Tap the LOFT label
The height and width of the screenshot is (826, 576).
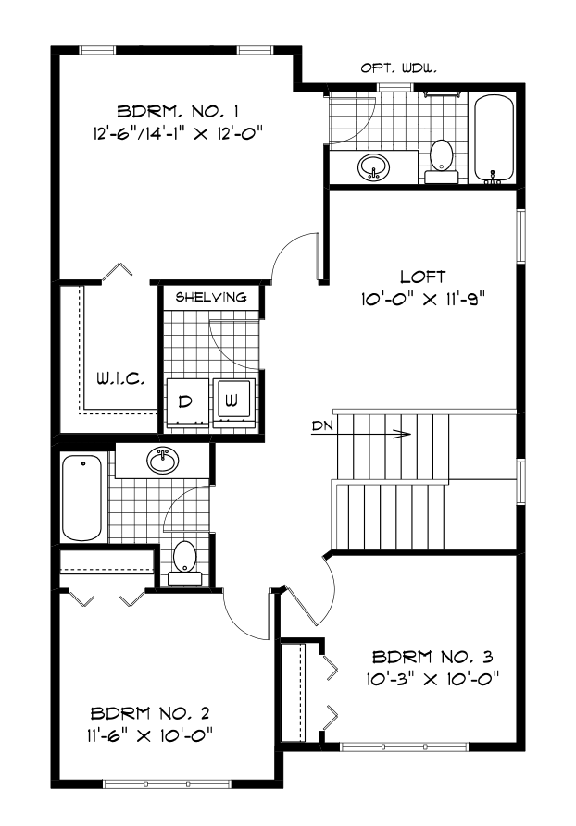click(423, 277)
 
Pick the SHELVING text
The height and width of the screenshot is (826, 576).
click(210, 297)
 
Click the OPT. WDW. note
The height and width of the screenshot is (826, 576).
click(397, 68)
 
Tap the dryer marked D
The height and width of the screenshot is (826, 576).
click(185, 402)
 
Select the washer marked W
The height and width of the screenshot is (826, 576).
click(233, 402)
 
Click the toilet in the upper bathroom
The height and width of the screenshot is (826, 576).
click(441, 158)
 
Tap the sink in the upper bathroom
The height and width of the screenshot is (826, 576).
click(374, 166)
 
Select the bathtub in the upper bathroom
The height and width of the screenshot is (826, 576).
click(492, 138)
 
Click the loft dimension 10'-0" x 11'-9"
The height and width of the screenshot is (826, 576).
click(423, 299)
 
